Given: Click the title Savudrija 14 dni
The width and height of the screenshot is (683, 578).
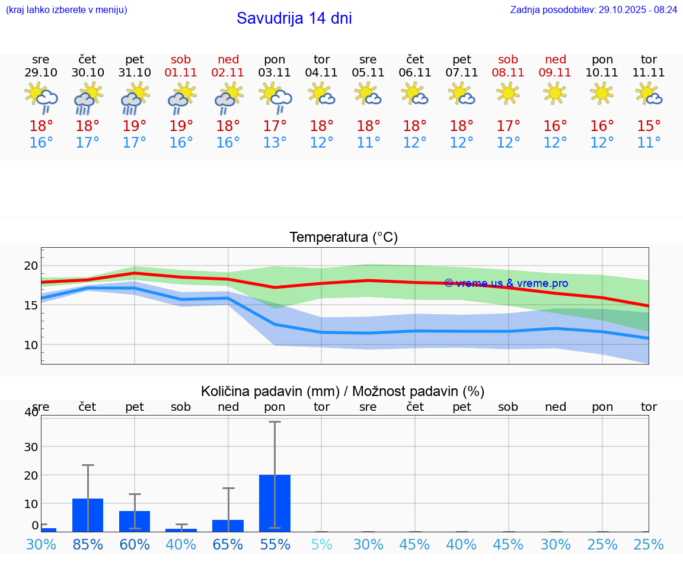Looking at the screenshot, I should click(x=294, y=18).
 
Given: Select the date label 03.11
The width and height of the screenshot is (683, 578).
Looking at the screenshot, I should click(x=275, y=73).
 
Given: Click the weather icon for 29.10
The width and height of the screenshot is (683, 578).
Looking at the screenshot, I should click(x=41, y=97).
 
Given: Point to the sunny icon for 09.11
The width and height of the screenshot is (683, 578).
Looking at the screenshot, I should click(x=556, y=93).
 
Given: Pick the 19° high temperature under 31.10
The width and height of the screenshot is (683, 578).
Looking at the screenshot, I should click(x=135, y=126).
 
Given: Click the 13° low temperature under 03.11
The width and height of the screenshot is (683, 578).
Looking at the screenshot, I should click(x=275, y=143).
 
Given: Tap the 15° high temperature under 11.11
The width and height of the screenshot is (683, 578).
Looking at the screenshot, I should click(x=649, y=126).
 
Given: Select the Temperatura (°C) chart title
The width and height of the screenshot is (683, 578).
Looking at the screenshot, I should click(x=343, y=238).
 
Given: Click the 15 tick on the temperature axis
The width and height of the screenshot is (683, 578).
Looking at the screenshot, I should click(x=31, y=305).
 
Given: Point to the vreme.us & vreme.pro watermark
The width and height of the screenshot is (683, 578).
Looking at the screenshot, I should click(x=506, y=283).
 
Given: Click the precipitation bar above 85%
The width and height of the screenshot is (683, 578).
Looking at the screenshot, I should click(x=88, y=515).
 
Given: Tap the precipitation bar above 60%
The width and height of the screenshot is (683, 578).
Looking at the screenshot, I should click(x=135, y=521).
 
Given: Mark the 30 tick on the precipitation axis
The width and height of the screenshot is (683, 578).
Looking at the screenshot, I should click(x=31, y=446).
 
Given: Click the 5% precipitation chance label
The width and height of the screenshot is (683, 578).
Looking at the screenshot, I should click(x=321, y=544).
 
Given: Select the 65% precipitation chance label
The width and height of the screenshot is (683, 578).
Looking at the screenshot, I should click(x=228, y=544).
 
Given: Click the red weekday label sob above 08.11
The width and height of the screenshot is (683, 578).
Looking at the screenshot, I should click(x=508, y=60).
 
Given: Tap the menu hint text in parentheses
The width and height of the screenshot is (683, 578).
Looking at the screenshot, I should click(x=66, y=10).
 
